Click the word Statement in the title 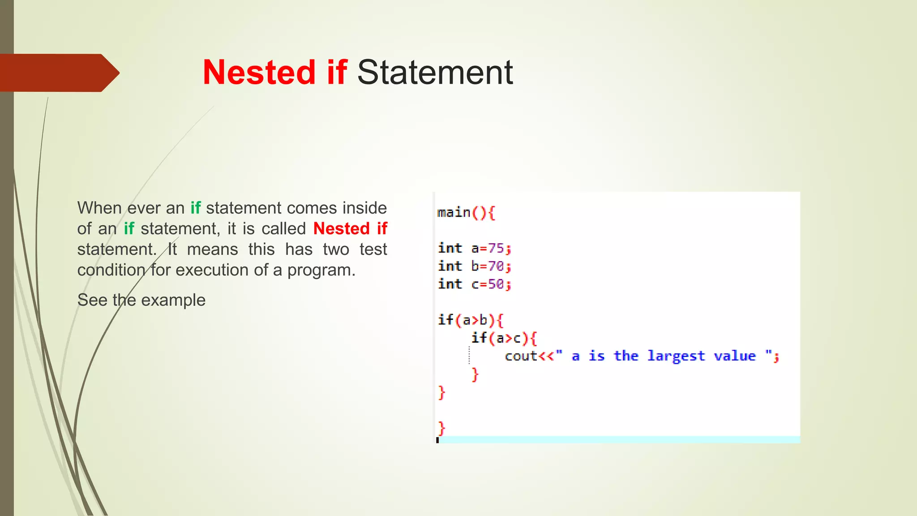click(x=435, y=73)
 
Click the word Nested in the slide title click(x=259, y=73)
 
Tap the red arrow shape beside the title click(x=58, y=73)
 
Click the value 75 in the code click(x=496, y=248)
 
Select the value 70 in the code click(x=496, y=266)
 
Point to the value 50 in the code click(x=496, y=284)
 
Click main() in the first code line click(x=461, y=212)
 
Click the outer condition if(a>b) click(x=466, y=320)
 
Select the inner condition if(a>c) click(x=499, y=338)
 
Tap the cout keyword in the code click(x=521, y=356)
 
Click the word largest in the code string click(x=676, y=356)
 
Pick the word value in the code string click(x=734, y=356)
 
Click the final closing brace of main click(x=441, y=428)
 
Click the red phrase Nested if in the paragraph click(x=350, y=228)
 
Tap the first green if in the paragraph click(x=196, y=208)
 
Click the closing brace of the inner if click(x=475, y=374)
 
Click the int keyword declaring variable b click(x=450, y=266)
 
